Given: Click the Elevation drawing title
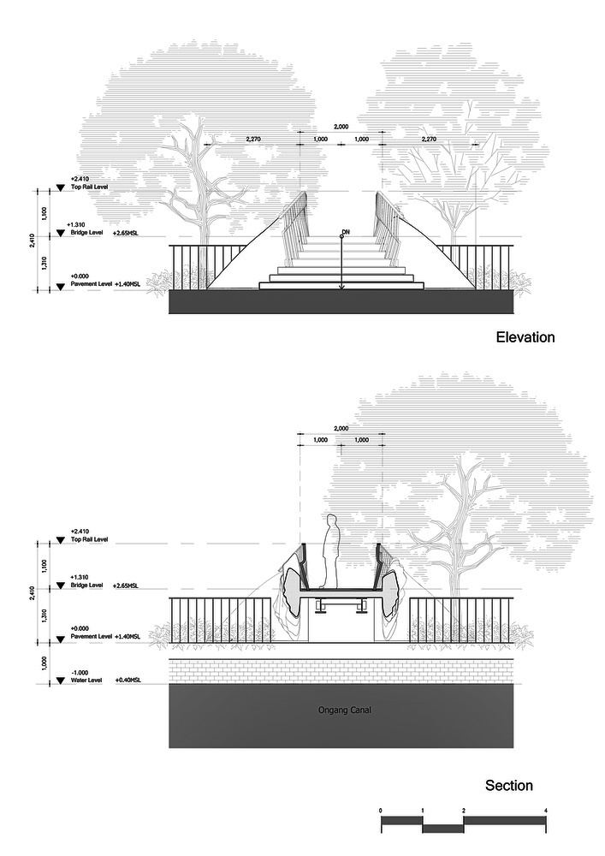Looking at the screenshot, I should [x=525, y=337].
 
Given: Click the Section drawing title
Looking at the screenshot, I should [x=509, y=785].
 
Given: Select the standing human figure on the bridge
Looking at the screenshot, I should [x=330, y=552].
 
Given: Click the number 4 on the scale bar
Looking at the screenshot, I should [x=545, y=810].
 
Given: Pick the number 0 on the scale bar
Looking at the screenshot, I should [x=381, y=810].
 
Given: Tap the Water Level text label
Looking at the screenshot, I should [x=86, y=681].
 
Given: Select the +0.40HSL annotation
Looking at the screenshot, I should [x=127, y=681].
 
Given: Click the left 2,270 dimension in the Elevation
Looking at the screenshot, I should [x=253, y=139].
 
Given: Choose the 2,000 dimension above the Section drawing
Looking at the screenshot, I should [x=341, y=428].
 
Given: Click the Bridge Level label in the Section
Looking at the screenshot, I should [x=88, y=586].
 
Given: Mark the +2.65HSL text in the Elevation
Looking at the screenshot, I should [x=127, y=232].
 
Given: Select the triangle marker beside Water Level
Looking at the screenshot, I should [x=60, y=681].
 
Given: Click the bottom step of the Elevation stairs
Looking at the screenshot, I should [x=341, y=285].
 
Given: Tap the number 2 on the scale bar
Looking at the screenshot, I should [x=463, y=810].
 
